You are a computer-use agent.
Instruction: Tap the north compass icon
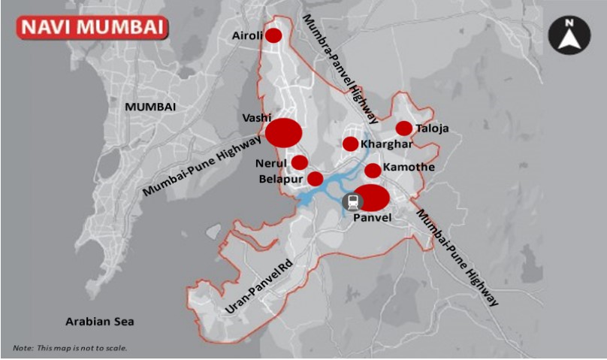[x=569, y=35]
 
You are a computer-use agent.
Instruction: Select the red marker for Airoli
[x=273, y=35]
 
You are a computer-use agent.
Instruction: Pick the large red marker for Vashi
[x=284, y=133]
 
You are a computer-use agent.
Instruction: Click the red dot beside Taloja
[x=403, y=129]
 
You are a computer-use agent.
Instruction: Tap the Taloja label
[x=432, y=129]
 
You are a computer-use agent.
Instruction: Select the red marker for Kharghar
[x=350, y=144]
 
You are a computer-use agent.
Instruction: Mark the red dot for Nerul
[x=300, y=162]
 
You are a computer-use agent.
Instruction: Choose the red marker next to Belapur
[x=316, y=179]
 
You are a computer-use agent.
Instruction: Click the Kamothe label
[x=409, y=167]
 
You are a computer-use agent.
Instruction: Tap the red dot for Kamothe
[x=373, y=171]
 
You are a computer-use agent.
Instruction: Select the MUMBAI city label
[x=150, y=107]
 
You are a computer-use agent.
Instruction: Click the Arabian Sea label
[x=99, y=322]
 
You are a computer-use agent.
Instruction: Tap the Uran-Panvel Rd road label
[x=258, y=289]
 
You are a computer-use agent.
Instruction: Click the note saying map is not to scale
[x=70, y=348]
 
